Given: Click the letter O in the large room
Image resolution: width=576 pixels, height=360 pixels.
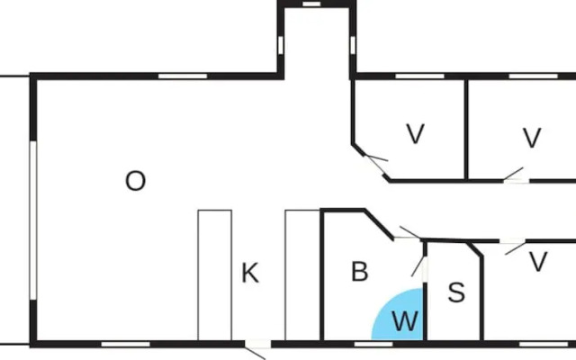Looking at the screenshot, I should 135,182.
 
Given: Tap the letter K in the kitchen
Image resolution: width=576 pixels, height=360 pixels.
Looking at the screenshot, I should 250,274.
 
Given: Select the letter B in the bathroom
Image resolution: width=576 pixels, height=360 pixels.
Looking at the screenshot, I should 359,272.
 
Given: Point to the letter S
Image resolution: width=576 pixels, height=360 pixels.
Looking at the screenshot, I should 456,292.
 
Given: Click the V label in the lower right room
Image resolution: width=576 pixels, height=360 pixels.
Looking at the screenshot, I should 538,263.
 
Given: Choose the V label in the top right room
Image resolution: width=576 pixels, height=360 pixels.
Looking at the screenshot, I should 532,139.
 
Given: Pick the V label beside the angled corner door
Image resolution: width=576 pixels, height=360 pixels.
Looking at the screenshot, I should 415,135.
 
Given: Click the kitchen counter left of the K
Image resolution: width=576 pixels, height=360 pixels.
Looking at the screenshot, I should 214,274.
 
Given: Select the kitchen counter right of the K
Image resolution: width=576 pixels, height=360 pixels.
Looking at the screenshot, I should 302,274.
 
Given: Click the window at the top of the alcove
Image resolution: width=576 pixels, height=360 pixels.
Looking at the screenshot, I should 313,4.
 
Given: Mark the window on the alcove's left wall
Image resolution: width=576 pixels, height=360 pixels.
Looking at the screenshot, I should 280,44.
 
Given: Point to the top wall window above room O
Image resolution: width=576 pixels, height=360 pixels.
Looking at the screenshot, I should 177,76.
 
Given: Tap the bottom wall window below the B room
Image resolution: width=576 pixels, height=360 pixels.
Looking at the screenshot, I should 367,343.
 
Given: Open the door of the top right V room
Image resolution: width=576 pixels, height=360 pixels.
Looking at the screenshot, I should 515,175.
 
